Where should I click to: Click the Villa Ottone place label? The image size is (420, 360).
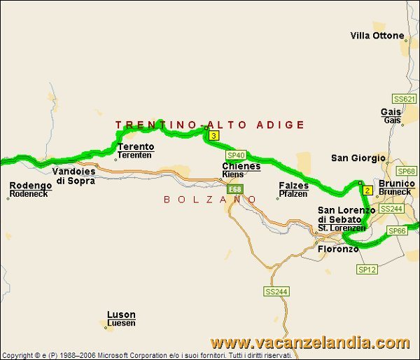point(377,36)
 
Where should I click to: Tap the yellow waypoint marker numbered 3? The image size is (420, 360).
point(213,136)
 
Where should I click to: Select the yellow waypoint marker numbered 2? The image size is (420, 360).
point(367,190)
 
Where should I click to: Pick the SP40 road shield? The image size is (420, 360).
point(235,155)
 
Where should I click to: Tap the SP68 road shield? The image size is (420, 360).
point(406,171)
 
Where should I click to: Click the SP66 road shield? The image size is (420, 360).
point(397,230)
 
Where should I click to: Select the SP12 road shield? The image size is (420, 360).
point(367,269)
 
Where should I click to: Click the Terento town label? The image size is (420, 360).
point(136,147)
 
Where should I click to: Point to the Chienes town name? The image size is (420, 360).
point(241,166)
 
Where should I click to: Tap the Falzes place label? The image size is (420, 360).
point(293,186)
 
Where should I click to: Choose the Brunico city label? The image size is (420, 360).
point(396,184)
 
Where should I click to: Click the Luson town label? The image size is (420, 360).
point(121,315)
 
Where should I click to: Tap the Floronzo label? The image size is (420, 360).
point(338,249)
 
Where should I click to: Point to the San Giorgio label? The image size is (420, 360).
point(358,158)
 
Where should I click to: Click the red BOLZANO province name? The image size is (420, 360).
point(211,200)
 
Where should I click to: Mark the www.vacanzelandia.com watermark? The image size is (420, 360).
point(310,343)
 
